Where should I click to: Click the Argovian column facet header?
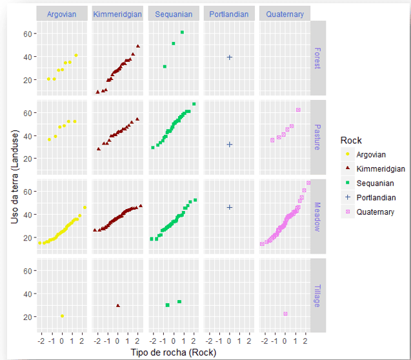(x=63, y=14)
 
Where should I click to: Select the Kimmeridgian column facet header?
(x=118, y=14)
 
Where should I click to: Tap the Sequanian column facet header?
(x=174, y=14)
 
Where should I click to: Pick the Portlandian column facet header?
(x=229, y=14)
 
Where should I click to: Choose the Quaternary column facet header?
(x=285, y=14)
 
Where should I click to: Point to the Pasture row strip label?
(x=317, y=137)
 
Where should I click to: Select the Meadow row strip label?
(x=317, y=215)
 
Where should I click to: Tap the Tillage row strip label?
(x=317, y=295)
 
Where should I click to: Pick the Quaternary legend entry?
(x=374, y=212)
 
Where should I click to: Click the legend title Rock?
(x=351, y=140)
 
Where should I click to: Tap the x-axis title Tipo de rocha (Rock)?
(x=173, y=352)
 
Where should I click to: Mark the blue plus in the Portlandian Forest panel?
(x=229, y=57)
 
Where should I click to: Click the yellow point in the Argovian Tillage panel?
(x=62, y=316)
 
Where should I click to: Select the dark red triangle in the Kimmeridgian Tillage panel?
(x=117, y=305)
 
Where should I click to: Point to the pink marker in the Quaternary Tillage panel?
(x=285, y=314)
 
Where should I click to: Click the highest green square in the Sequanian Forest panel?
(x=182, y=32)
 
